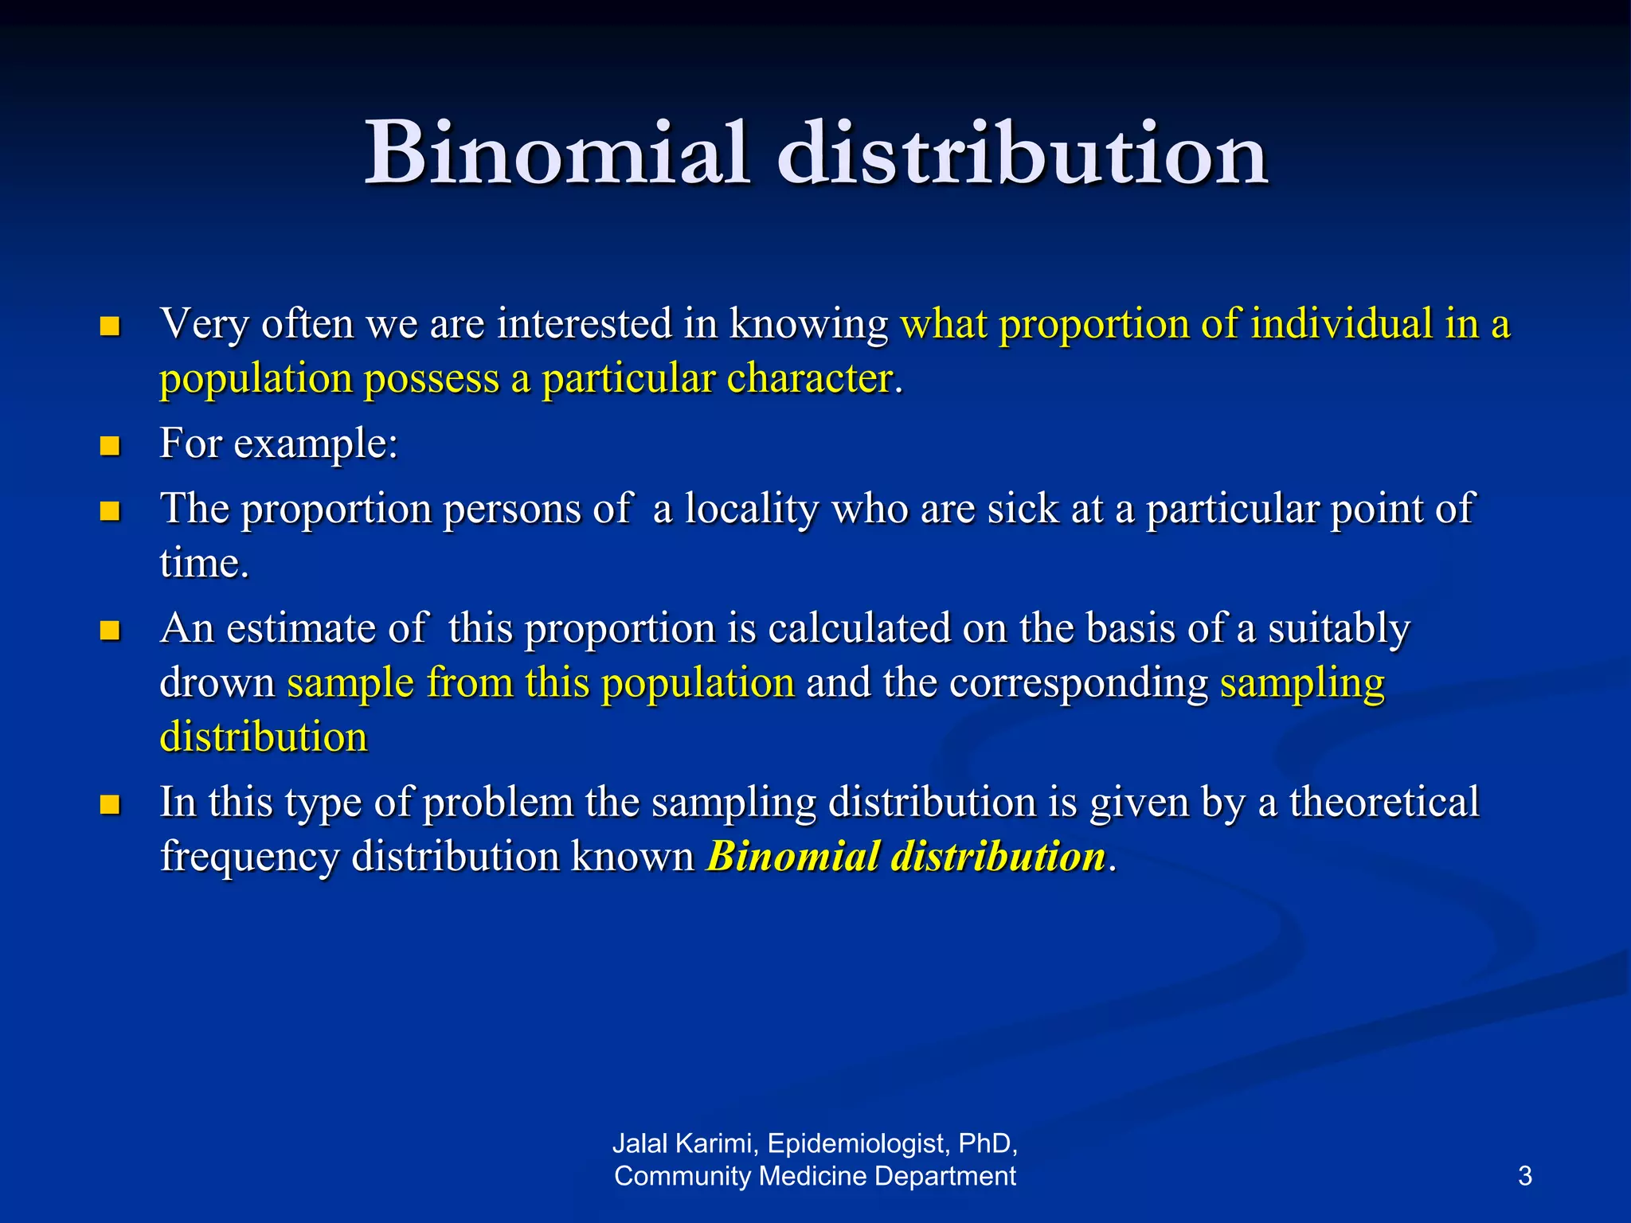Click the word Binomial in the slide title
point(557,153)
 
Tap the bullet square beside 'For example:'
point(110,445)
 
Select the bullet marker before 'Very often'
point(110,326)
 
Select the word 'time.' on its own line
point(205,563)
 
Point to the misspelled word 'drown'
point(217,683)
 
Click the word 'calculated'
point(860,628)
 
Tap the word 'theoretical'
point(1384,802)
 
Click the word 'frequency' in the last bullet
point(249,858)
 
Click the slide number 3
point(1524,1176)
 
